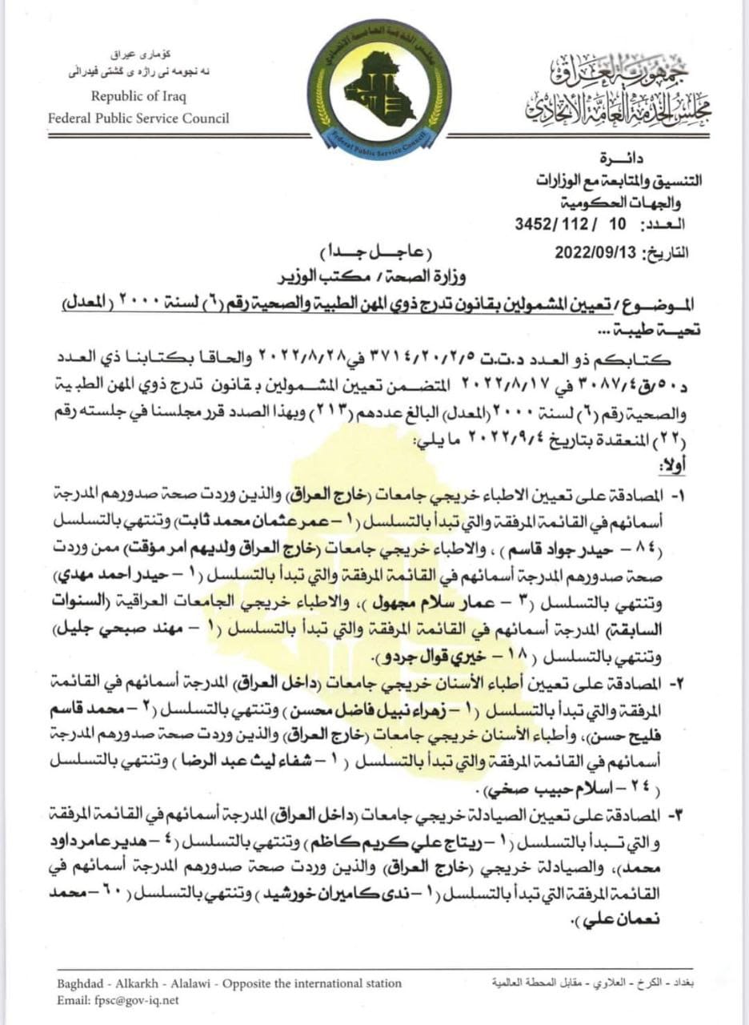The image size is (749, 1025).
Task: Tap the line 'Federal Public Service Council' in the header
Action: click(138, 118)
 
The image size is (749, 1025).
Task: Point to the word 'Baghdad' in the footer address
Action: click(79, 983)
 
